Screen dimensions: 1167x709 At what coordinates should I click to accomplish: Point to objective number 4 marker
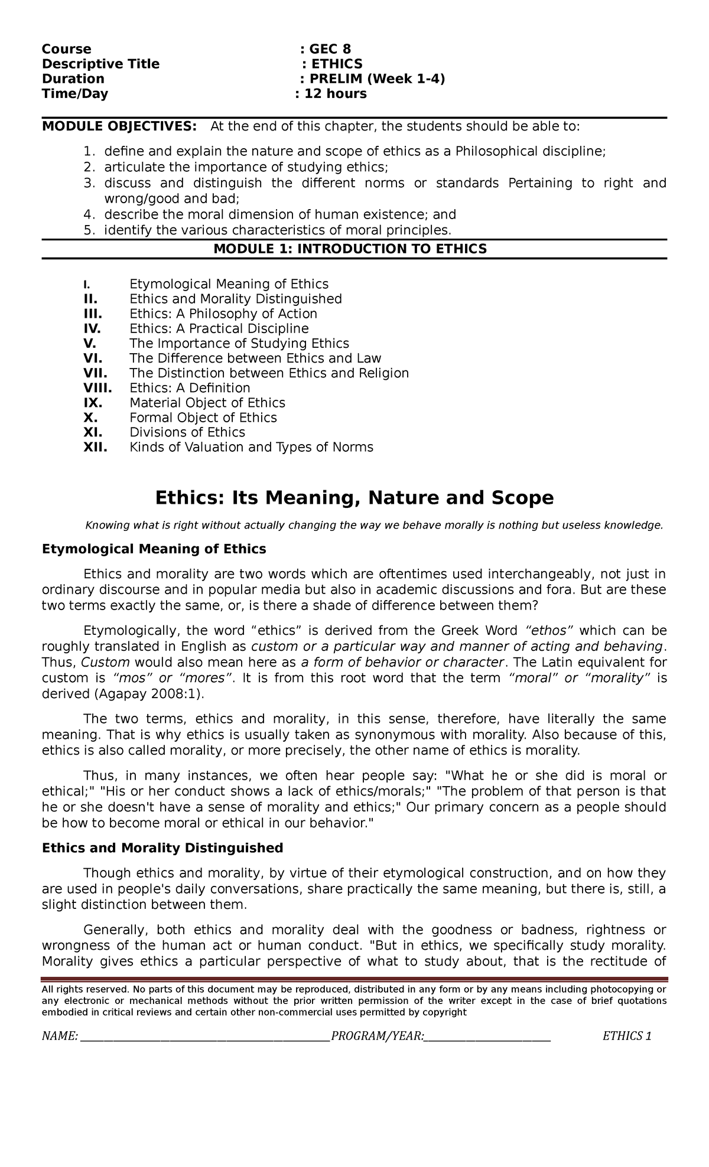[89, 214]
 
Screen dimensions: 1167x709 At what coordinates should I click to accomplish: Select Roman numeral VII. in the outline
[95, 373]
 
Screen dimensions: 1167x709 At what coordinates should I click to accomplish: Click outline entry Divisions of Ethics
[187, 432]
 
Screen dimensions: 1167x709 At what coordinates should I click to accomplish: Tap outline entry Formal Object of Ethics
[203, 418]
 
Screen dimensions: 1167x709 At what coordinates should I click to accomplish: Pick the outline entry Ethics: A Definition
[190, 388]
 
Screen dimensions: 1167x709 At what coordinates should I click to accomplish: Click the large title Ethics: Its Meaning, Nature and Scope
[354, 498]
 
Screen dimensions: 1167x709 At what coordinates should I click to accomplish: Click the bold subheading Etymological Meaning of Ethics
[154, 549]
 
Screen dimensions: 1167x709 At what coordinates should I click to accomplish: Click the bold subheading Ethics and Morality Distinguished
[162, 848]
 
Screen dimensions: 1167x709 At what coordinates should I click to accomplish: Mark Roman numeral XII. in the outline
[95, 447]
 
